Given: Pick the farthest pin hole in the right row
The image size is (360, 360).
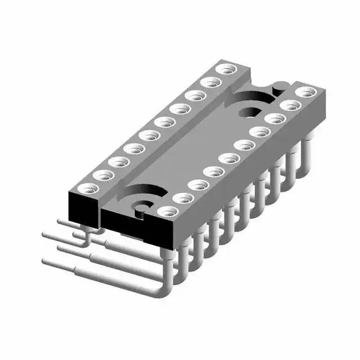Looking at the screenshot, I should tap(305, 92).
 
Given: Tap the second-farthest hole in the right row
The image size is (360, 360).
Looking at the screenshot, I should tap(290, 105).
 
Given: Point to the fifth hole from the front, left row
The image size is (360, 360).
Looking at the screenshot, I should tap(150, 135).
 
